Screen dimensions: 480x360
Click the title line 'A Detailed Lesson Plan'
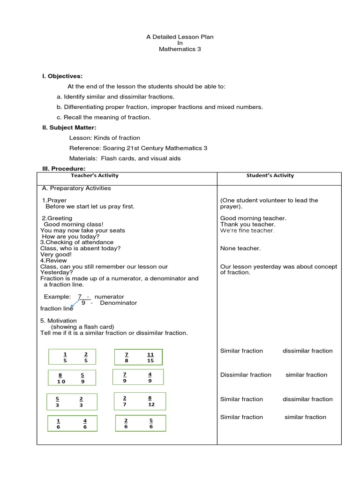click(180, 37)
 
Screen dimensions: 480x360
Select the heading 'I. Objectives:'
click(62, 76)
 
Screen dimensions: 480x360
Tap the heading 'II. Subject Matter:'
click(69, 127)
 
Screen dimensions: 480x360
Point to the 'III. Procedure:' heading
click(64, 169)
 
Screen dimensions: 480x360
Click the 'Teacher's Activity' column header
click(95, 176)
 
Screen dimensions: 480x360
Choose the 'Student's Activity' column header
click(270, 176)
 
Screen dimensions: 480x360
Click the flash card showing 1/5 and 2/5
click(72, 357)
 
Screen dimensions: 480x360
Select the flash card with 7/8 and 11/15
click(139, 357)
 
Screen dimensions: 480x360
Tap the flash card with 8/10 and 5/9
click(72, 378)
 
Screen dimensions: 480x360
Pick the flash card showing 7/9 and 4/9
click(138, 377)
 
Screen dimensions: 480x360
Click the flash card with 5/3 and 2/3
click(71, 402)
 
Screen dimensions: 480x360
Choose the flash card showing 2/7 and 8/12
click(139, 401)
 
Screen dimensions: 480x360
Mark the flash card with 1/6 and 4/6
click(72, 423)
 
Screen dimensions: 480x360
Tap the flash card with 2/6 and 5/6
click(139, 423)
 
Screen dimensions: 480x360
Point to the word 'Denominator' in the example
click(119, 303)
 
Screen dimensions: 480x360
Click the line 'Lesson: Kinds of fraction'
click(105, 138)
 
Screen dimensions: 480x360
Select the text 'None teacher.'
click(240, 248)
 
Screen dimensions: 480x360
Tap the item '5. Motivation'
click(59, 321)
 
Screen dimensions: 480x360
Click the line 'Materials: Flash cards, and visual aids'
click(125, 158)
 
